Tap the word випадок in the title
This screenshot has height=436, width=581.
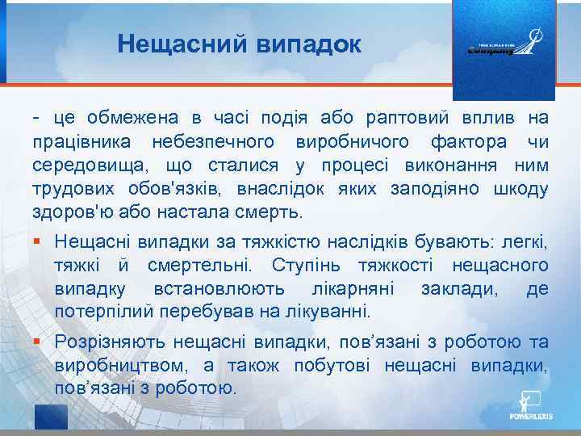pyautogui.click(x=307, y=44)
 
